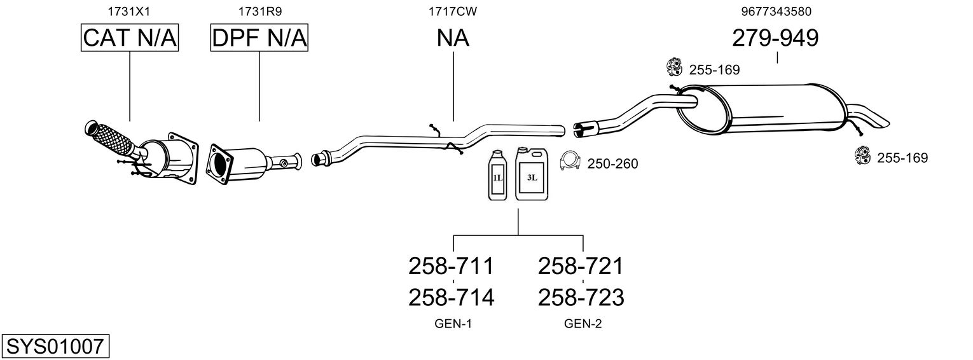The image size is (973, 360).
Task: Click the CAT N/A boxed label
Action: (130, 38)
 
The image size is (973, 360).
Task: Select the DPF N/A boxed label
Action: (259, 38)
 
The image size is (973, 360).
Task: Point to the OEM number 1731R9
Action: (259, 11)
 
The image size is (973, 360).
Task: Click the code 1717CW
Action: (453, 11)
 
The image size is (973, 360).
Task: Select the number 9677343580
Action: (776, 11)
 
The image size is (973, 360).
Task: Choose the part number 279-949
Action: (775, 38)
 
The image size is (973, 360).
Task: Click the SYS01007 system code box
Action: (55, 346)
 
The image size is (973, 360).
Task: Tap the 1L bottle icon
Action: (497, 176)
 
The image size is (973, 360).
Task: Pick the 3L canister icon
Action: (532, 174)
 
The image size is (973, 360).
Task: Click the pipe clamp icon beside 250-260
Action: (570, 161)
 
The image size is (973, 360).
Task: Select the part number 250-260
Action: (612, 163)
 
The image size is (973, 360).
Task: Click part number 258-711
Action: (451, 266)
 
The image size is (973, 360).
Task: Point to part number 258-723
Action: (581, 298)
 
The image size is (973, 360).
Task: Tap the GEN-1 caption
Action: (453, 324)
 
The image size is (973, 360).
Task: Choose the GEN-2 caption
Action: (583, 324)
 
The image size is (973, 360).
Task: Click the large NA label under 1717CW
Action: (453, 38)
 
